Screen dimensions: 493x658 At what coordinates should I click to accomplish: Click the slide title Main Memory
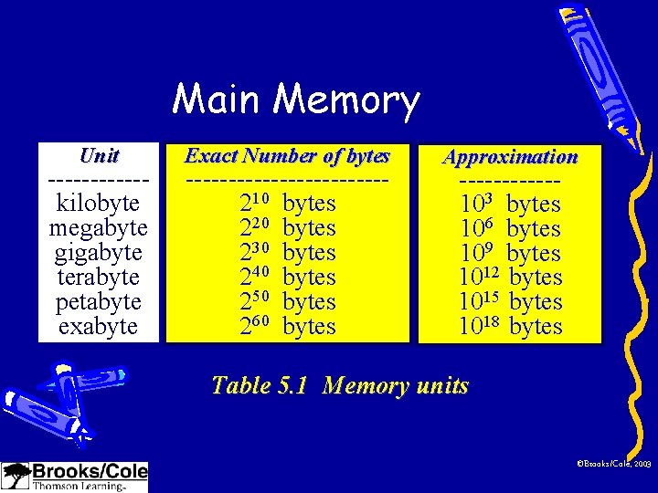[x=296, y=100]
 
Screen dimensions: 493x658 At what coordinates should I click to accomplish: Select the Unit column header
[x=99, y=155]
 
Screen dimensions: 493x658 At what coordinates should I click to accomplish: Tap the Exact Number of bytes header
[x=287, y=155]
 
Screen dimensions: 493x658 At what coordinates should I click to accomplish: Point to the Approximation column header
[x=510, y=157]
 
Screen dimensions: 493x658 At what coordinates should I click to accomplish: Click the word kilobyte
[x=99, y=202]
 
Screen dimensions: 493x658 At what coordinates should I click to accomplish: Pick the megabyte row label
[x=99, y=226]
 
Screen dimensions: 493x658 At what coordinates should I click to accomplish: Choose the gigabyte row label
[x=99, y=251]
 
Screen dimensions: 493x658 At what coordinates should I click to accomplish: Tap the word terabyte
[x=99, y=276]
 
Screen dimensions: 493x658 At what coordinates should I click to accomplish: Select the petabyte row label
[x=99, y=300]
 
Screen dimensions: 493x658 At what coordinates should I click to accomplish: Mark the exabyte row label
[x=99, y=325]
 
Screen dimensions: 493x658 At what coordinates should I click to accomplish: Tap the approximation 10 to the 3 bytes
[x=509, y=203]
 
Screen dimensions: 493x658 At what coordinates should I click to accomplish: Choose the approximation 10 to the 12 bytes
[x=509, y=277]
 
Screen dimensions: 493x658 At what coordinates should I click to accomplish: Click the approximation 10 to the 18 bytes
[x=509, y=326]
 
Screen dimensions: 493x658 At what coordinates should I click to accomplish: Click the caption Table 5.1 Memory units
[x=339, y=385]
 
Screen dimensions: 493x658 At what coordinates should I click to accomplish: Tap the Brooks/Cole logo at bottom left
[x=75, y=477]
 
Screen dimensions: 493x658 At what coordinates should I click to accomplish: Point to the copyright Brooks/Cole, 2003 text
[x=613, y=465]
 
